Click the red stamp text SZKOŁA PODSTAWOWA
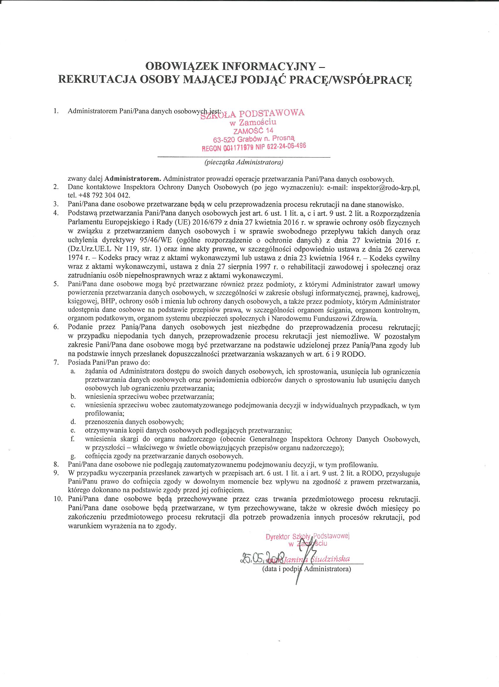252,114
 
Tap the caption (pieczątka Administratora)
244,163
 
